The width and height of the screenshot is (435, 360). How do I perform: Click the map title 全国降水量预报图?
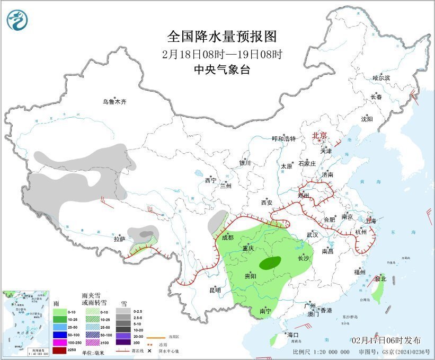222,37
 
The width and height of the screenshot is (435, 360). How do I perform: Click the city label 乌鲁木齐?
115,102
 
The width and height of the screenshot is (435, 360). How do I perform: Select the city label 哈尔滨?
381,78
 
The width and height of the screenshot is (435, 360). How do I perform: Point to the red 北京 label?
320,135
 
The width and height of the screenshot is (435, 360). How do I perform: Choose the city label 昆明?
215,290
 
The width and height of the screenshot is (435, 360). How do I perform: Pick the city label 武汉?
312,234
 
